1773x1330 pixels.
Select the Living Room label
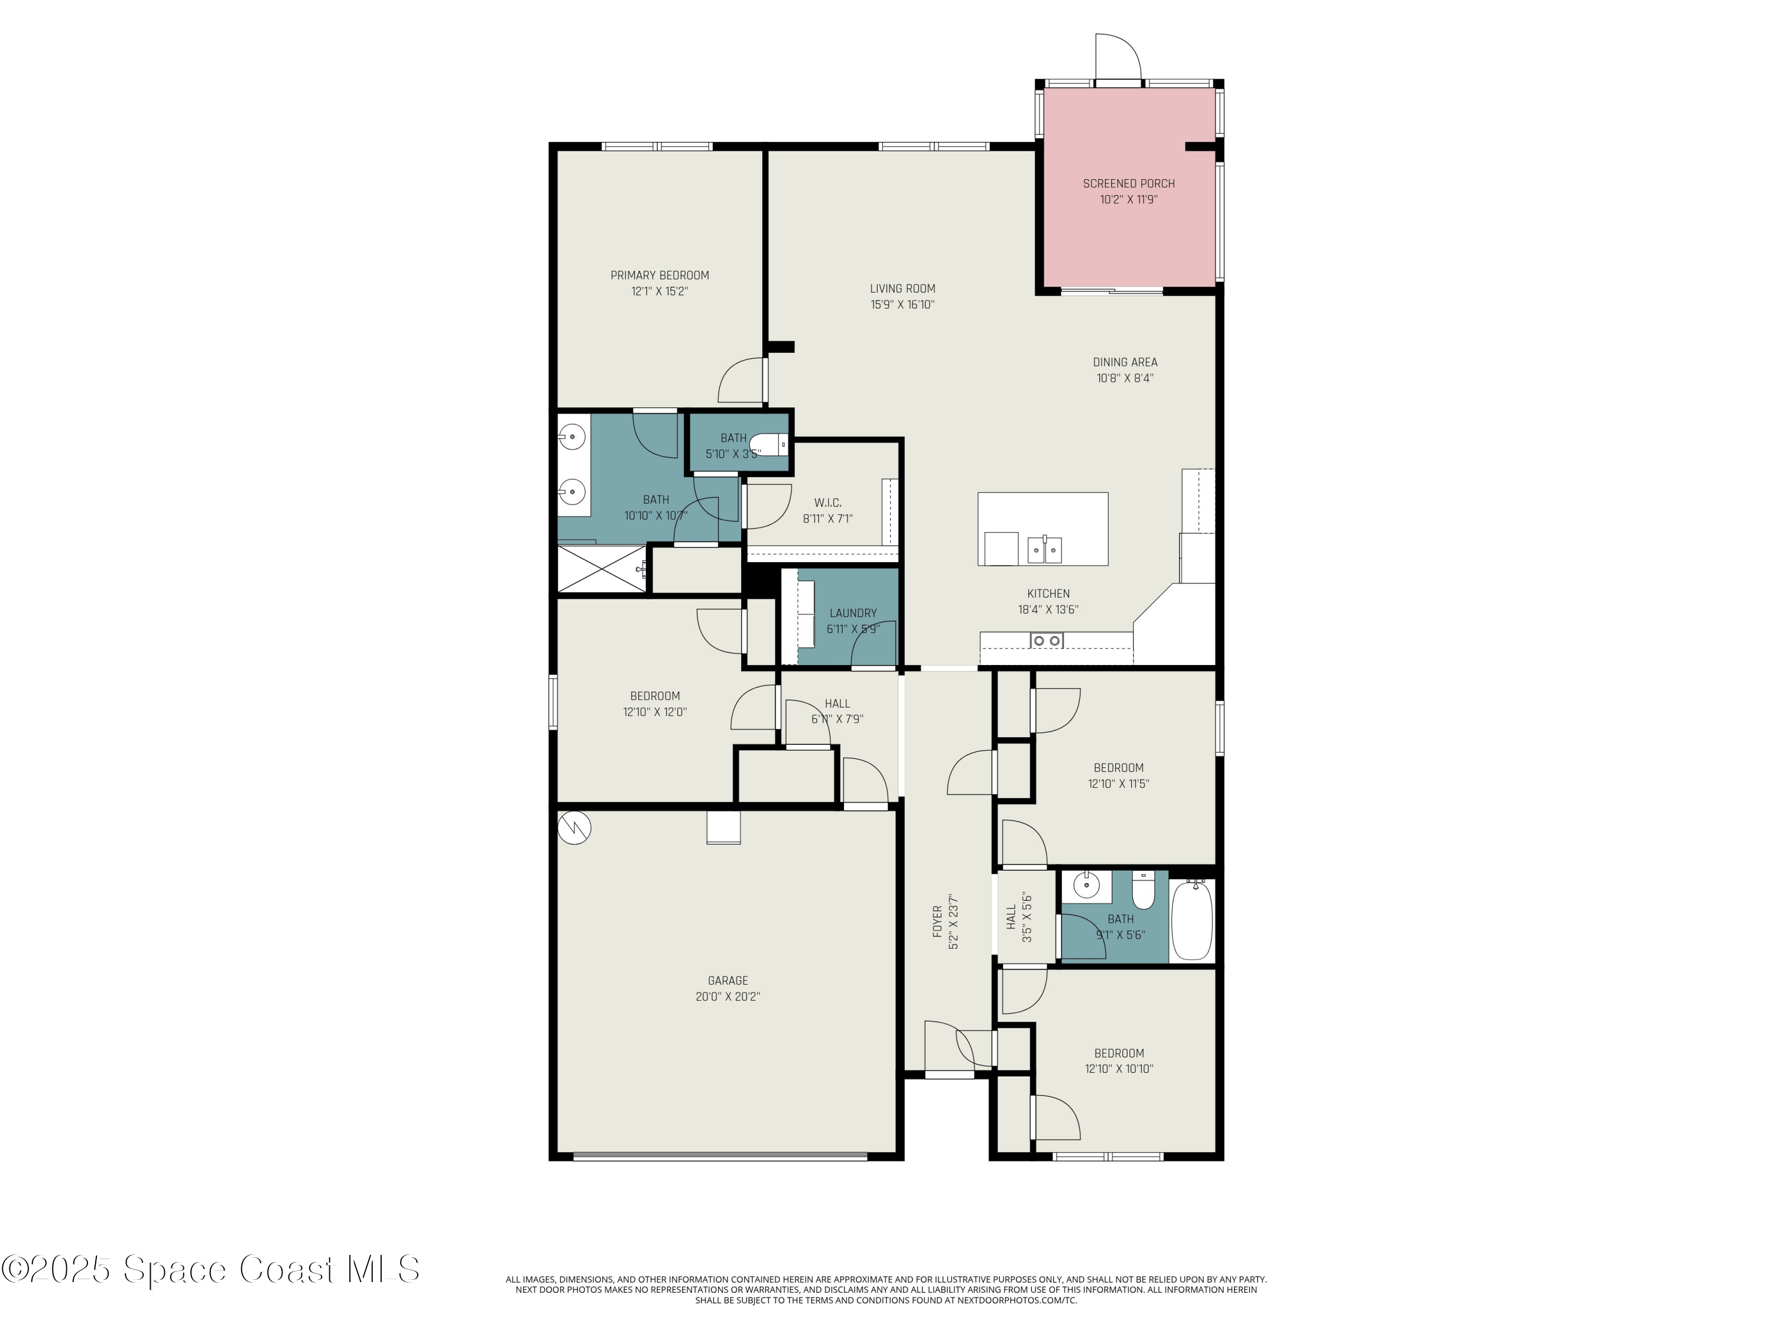coord(902,288)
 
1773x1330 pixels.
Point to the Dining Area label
coord(1125,362)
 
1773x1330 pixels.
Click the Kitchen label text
coord(1048,594)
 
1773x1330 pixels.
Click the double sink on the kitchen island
coord(1044,550)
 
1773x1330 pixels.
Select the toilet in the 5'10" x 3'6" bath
coord(774,444)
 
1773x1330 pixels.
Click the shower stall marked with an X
coord(601,569)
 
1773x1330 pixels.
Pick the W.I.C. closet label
coord(827,502)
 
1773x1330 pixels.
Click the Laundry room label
coord(853,614)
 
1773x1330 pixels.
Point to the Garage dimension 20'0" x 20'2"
coord(727,997)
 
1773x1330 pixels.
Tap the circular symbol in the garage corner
coord(574,828)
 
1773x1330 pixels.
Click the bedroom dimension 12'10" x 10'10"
coord(1118,1069)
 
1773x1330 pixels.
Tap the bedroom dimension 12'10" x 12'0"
coord(655,712)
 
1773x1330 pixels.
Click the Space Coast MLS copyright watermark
coord(210,1269)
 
